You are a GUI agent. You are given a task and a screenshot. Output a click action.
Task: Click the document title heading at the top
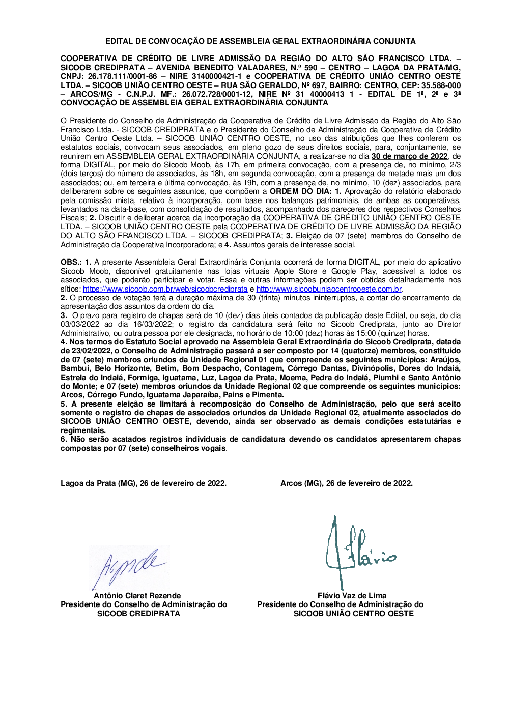coord(260,41)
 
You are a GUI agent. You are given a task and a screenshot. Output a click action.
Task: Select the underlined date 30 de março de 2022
coord(409,156)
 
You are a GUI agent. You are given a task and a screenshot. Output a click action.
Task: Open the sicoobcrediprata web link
coord(165,289)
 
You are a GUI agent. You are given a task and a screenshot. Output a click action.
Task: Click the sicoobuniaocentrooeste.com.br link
coord(329,289)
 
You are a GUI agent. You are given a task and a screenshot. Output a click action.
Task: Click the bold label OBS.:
coord(71,263)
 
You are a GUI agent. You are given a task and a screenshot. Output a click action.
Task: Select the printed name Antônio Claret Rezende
coord(137,595)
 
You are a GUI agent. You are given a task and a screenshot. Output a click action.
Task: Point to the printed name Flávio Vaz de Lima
coord(352,595)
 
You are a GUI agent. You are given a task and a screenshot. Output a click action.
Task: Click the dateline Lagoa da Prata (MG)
coord(143,483)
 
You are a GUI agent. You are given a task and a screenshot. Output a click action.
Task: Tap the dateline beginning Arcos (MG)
coord(346,483)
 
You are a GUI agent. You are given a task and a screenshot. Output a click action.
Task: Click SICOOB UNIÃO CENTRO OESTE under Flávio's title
coord(353,613)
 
